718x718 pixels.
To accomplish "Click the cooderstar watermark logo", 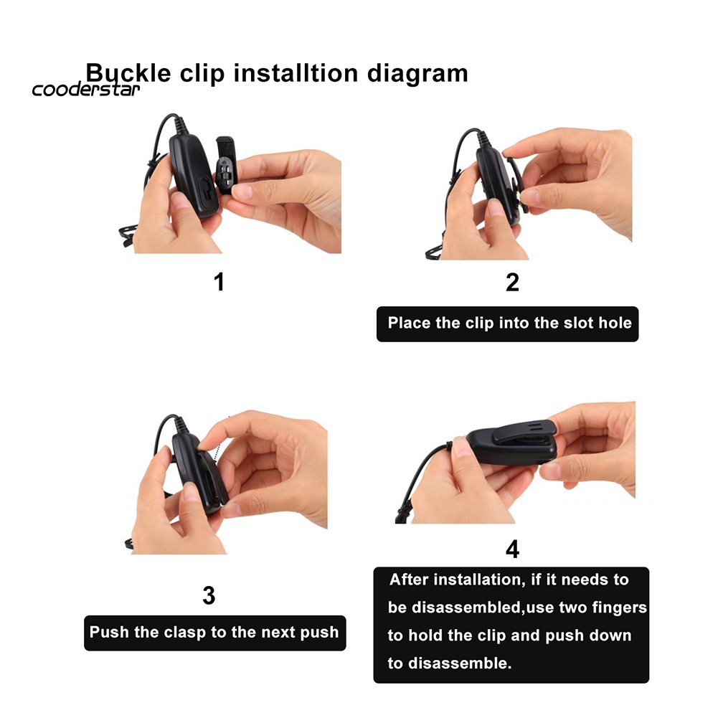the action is [x=85, y=89].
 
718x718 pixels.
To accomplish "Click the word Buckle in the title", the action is [x=128, y=73].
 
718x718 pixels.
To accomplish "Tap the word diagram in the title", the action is [x=417, y=74].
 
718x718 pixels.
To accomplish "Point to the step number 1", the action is [x=219, y=282].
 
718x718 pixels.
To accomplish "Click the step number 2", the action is [x=512, y=282].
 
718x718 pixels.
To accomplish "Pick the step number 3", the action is [x=209, y=595].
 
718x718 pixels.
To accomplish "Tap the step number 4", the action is [x=512, y=549].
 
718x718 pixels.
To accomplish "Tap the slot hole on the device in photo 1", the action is [x=206, y=192].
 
